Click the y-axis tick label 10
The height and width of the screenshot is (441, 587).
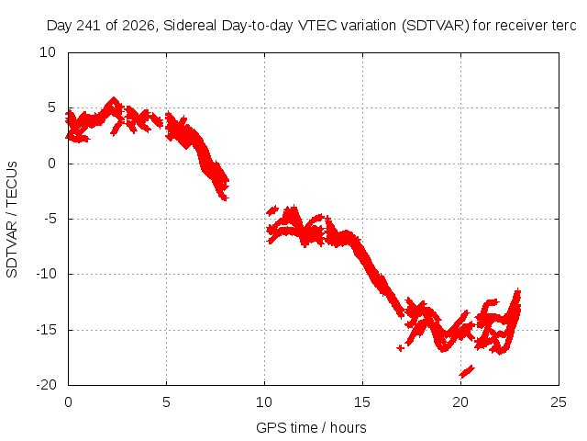48,52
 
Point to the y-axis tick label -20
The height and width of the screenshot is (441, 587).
46,385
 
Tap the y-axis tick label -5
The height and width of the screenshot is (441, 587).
50,219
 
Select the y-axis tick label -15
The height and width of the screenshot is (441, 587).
46,330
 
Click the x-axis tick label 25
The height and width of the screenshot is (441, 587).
559,402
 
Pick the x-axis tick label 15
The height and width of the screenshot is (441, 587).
362,402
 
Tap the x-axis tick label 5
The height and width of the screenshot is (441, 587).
166,402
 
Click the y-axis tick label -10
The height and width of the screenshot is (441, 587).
46,274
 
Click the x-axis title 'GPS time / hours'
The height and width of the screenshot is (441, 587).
311,427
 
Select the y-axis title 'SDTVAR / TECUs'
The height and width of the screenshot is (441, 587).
12,220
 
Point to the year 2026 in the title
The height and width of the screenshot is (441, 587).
138,26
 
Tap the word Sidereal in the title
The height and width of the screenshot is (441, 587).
190,26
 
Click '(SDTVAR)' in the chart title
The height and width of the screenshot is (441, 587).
436,26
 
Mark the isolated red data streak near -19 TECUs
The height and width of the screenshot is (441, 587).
467,371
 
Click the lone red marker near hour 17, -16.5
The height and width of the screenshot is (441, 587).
401,348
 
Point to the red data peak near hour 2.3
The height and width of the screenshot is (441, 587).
114,99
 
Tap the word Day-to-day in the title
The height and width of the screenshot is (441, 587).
257,26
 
